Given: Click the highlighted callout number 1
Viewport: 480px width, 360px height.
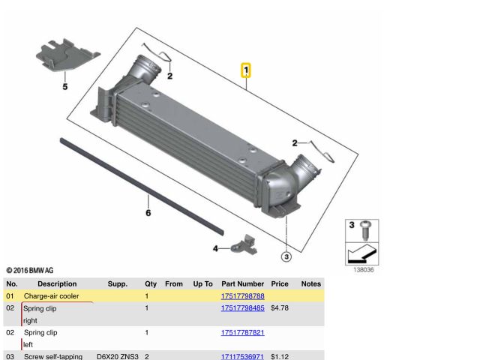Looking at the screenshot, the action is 246,70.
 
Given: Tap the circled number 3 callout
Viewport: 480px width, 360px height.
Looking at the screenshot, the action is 286,256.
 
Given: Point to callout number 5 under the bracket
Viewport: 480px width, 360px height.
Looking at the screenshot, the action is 65,87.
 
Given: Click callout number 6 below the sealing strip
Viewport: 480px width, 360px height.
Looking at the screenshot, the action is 148,213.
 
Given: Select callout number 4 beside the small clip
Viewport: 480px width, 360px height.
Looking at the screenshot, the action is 215,248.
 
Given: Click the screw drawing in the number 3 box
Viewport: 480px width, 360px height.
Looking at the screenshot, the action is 365,230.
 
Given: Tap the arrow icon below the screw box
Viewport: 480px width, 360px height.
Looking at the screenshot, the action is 361,254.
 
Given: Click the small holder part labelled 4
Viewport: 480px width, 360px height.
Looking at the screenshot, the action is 244,245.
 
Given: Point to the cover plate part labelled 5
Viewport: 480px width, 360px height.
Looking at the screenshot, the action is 67,55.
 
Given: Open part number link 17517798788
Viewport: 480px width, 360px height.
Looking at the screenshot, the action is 243,296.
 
